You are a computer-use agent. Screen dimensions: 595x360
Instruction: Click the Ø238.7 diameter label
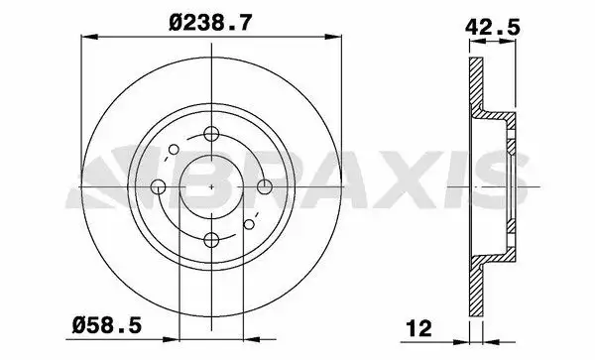click(x=210, y=23)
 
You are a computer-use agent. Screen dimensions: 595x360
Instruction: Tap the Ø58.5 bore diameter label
click(x=107, y=325)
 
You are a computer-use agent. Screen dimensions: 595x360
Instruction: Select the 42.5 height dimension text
click(x=492, y=28)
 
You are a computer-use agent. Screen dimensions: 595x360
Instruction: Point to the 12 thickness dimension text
click(x=418, y=328)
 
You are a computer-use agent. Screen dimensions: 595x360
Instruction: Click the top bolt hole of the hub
click(x=211, y=134)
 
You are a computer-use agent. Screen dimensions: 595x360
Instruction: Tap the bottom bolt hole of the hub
click(x=211, y=239)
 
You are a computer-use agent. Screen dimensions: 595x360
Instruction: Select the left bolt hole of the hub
click(x=159, y=186)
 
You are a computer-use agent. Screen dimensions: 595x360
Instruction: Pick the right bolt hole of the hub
click(x=265, y=186)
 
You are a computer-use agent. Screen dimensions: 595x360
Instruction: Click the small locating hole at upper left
click(x=174, y=150)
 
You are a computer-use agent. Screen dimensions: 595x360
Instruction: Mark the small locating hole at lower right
click(x=249, y=224)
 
